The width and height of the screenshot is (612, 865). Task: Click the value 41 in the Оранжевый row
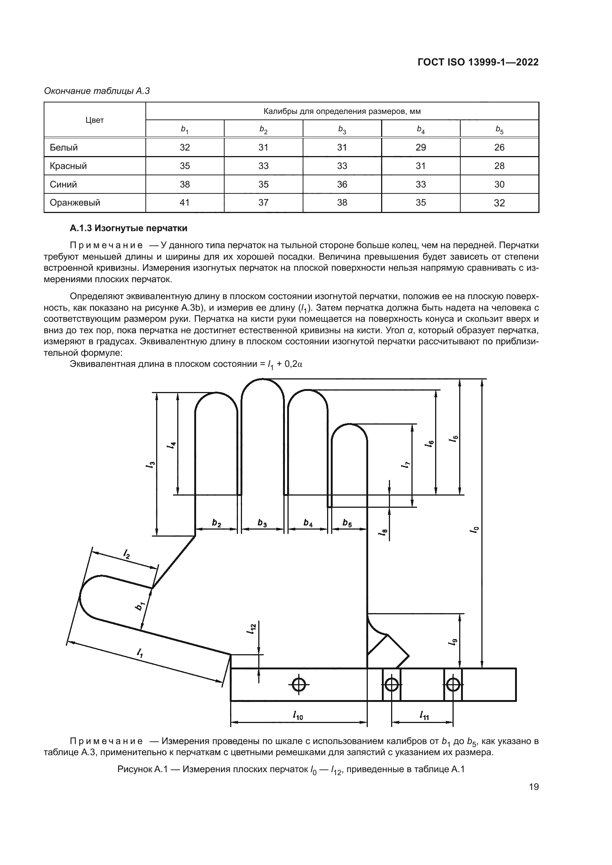click(x=185, y=203)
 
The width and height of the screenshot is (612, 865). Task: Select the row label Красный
click(x=68, y=166)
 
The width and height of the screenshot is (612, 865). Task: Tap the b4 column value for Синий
click(x=421, y=184)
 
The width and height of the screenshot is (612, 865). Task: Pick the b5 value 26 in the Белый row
click(x=499, y=147)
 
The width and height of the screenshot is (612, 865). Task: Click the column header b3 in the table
click(x=342, y=129)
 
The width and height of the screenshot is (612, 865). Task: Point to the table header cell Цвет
click(x=95, y=120)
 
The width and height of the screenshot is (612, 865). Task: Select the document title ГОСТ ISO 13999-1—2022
click(x=478, y=62)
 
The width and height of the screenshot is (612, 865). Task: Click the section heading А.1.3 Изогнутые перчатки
click(x=128, y=228)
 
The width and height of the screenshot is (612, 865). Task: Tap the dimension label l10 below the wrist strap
click(x=298, y=715)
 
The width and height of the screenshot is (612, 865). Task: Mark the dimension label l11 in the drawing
click(x=424, y=715)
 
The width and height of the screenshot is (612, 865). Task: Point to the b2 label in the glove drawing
click(x=217, y=523)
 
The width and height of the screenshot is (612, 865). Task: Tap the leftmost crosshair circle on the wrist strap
click(x=299, y=685)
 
